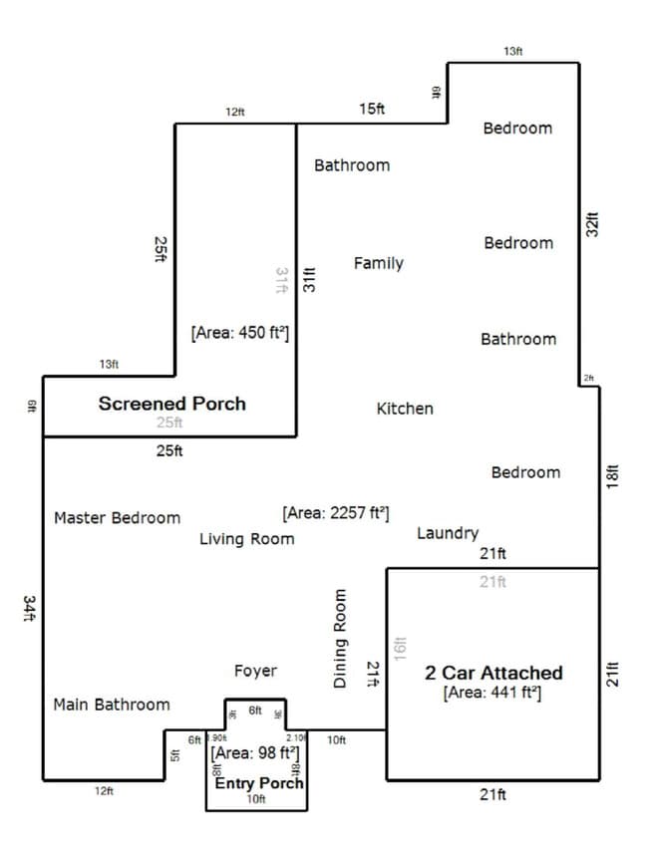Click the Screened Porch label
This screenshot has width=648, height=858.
pos(171,404)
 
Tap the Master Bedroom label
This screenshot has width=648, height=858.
pos(117,518)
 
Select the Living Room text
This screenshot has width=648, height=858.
pos(246,539)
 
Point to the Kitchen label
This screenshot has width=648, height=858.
pos(405,409)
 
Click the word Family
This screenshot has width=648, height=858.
pos(378,263)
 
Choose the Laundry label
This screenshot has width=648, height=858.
pos(447,534)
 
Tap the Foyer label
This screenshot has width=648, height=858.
pos(255,671)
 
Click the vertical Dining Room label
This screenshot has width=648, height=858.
pos(339,638)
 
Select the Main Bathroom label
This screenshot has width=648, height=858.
pos(111,705)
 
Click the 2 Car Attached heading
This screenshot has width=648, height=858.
pos(493,673)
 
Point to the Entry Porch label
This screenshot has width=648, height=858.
pos(259,783)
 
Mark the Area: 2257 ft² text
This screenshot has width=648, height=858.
pos(336,513)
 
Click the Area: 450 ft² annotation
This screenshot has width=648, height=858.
pos(239,334)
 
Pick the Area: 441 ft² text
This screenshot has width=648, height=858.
pos(492,692)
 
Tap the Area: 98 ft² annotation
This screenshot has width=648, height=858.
pos(256,752)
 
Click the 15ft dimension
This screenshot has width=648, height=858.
pos(372,109)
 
